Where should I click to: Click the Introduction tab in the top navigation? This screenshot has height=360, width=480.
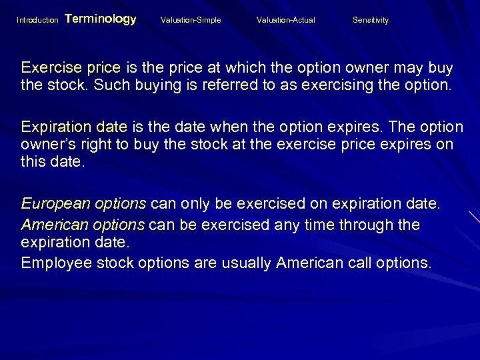click(x=37, y=20)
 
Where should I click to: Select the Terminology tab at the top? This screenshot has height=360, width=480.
click(x=101, y=19)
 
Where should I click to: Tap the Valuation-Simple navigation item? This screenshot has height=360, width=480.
click(x=191, y=20)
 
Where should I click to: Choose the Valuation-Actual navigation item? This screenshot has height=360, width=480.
click(x=286, y=20)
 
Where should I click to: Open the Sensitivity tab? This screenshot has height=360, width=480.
click(x=371, y=20)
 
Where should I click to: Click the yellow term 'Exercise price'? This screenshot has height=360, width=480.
click(x=71, y=68)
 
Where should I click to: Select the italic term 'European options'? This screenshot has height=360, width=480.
click(x=83, y=203)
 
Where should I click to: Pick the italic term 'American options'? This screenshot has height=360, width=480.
click(x=83, y=225)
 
